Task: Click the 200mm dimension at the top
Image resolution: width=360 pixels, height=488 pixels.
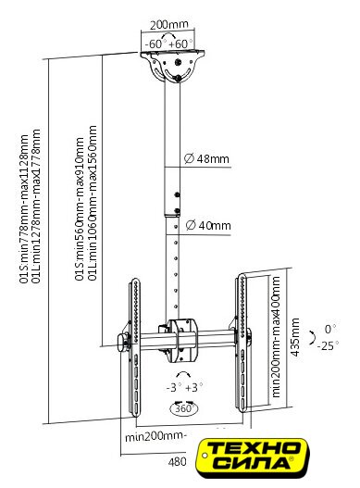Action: [169, 25]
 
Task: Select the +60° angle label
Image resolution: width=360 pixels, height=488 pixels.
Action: [180, 44]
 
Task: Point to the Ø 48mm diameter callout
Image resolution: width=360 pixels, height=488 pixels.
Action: [206, 158]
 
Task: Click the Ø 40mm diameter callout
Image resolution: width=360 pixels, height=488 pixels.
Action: [208, 225]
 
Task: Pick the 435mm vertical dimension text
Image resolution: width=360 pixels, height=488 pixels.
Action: [295, 337]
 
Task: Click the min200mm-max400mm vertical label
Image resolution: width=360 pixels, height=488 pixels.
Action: [276, 337]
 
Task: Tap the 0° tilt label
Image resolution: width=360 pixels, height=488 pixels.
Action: [329, 329]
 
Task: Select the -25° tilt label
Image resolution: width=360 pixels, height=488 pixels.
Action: [328, 345]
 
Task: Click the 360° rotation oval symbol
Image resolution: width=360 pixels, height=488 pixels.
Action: [184, 408]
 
